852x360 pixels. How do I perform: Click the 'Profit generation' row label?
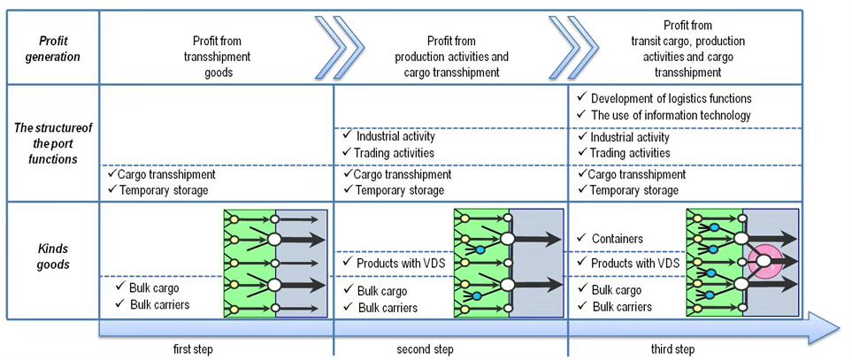[52, 49]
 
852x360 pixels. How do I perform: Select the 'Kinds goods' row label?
[52, 257]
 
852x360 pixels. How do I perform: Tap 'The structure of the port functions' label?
[52, 143]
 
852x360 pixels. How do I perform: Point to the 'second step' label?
[425, 349]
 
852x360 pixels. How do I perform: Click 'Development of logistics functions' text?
[671, 98]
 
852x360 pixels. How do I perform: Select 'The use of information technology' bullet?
[671, 115]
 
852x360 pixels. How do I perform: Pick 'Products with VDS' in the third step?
[635, 263]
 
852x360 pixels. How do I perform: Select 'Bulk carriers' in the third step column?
[622, 307]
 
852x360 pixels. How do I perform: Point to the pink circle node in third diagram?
[764, 261]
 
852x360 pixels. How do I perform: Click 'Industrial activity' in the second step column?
[395, 137]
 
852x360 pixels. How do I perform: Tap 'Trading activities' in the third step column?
[630, 153]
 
